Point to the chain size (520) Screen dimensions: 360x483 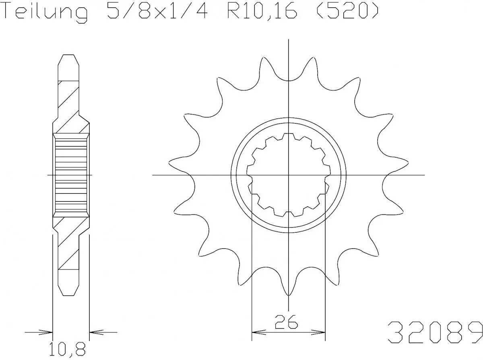click(346, 12)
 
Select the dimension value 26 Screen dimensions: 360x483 click(286, 322)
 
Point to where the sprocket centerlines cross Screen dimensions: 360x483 click(289, 175)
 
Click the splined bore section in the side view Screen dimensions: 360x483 click(71, 175)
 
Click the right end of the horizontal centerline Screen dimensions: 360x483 click(424, 175)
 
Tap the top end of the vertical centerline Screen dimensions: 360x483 click(289, 40)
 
